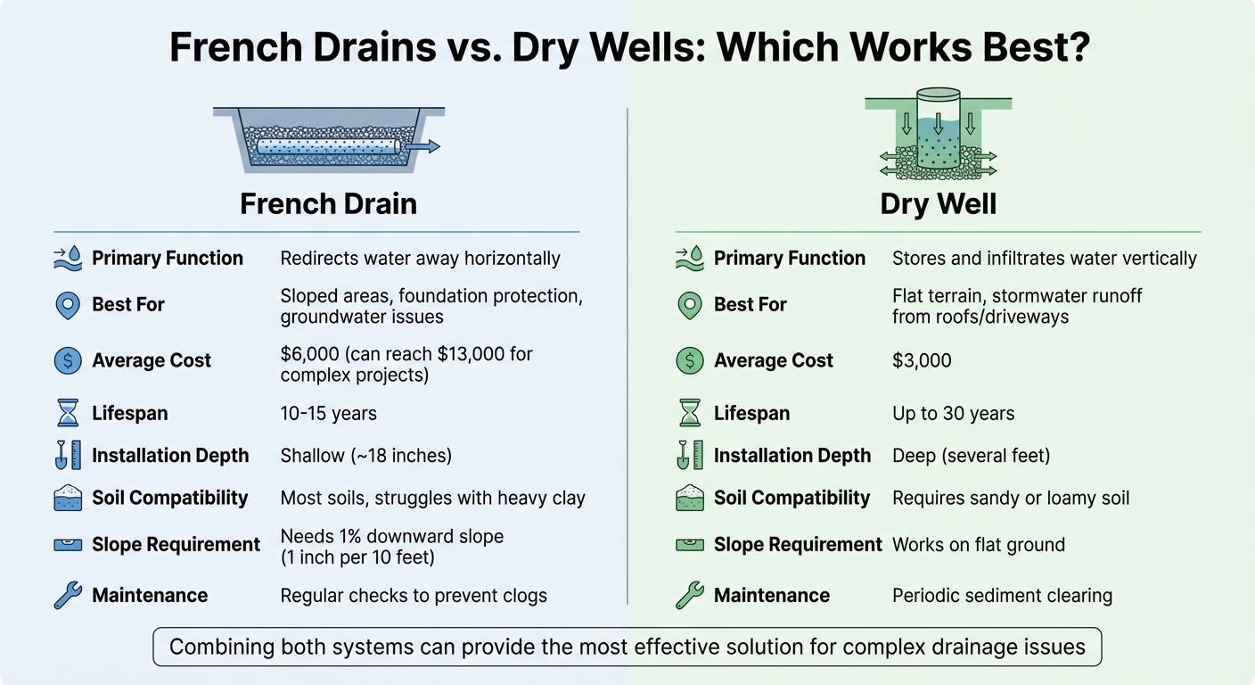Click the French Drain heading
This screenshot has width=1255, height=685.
[x=328, y=203]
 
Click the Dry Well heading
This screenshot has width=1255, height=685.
[x=938, y=203]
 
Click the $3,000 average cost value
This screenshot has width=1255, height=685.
[x=922, y=360]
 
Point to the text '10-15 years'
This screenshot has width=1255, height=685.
[x=328, y=414]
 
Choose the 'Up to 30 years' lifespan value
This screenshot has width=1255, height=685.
[x=953, y=414]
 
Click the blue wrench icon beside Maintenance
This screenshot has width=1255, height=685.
[x=68, y=595]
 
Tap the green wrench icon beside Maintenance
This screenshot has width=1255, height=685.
[x=690, y=595]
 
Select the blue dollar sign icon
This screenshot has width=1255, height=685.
[x=68, y=360]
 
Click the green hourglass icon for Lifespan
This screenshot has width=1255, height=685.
[x=690, y=413]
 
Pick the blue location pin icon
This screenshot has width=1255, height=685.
[x=68, y=305]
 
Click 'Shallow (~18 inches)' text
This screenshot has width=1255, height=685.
[x=365, y=456]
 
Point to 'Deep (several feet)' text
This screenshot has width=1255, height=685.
[x=971, y=456]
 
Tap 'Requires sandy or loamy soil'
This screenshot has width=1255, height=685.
[x=1011, y=498]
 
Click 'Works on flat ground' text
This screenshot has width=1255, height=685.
[x=978, y=544]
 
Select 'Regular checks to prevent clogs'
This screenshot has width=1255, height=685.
[x=414, y=595]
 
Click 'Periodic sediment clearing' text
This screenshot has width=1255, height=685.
[x=1002, y=595]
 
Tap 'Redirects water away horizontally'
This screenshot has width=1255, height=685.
[x=420, y=259]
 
